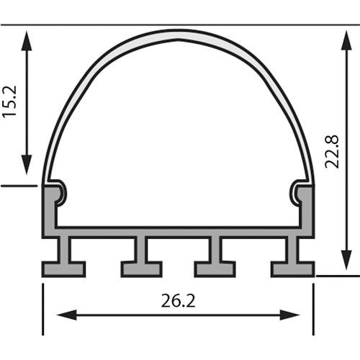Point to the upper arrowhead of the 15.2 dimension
tap(27, 40)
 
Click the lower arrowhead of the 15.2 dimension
tap(27, 164)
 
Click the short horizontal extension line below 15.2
tap(18, 186)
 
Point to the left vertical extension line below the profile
tap(43, 310)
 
